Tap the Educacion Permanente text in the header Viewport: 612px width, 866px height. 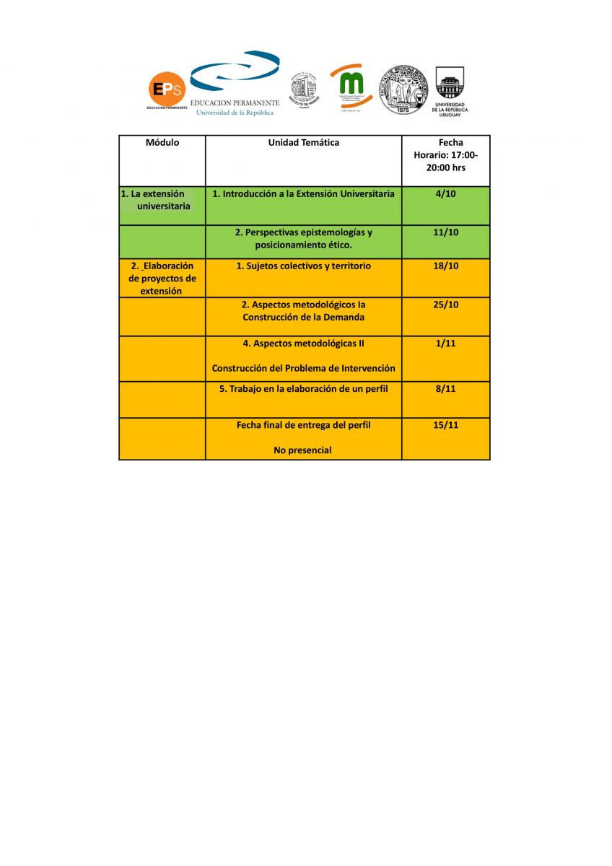click(x=235, y=103)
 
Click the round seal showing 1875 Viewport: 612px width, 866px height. click(x=403, y=89)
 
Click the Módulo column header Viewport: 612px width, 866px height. click(x=162, y=143)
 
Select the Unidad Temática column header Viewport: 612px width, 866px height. click(x=303, y=143)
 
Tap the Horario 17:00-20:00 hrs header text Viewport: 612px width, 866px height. click(x=445, y=161)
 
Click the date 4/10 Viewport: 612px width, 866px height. click(x=445, y=193)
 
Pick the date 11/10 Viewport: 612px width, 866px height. click(x=445, y=232)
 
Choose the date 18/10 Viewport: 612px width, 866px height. click(x=445, y=266)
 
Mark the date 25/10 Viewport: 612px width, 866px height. click(x=445, y=305)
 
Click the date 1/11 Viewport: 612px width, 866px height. click(x=445, y=344)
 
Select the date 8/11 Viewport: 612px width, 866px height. click(x=445, y=389)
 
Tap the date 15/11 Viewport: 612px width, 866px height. click(x=445, y=425)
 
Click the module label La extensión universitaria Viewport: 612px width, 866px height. click(x=158, y=200)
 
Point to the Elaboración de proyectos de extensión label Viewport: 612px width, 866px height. click(x=162, y=279)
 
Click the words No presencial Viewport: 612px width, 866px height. click(x=303, y=450)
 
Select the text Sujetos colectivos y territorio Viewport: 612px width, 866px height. click(x=303, y=266)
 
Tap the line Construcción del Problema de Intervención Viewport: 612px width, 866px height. click(x=303, y=368)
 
